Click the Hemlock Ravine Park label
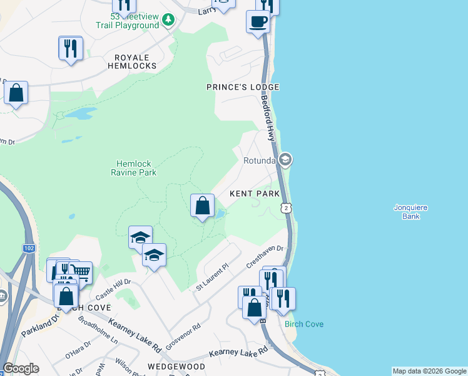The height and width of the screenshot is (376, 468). coord(133,168)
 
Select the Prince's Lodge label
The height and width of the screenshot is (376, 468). coord(243,87)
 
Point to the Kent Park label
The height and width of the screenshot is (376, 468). coord(254,194)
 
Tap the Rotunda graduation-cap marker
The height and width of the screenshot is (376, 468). coord(285,160)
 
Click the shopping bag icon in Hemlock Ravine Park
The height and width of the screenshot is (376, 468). coord(202,206)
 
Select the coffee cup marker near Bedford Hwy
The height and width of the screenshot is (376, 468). coord(258,22)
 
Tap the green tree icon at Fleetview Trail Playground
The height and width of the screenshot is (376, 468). coord(168,20)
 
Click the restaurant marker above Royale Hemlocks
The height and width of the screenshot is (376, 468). coord(71,48)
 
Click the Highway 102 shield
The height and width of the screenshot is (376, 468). coord(28,248)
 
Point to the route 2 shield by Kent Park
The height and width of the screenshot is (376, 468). coord(285,207)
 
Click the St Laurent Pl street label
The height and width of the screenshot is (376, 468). coord(213,276)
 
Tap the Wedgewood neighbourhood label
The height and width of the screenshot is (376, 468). coord(176,366)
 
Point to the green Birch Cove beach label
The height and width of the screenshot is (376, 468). coord(304,324)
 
